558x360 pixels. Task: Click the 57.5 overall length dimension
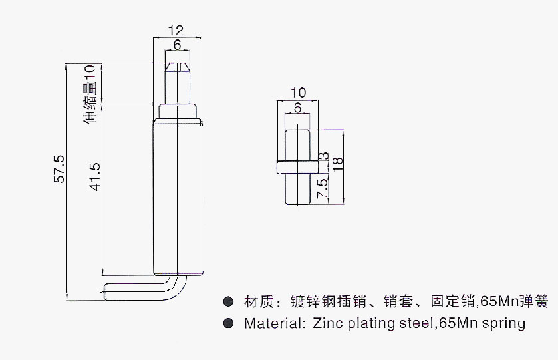(59, 169)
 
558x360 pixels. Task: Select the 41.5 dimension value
(95, 177)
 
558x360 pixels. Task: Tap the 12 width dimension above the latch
(176, 31)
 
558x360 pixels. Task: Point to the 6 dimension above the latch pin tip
(177, 45)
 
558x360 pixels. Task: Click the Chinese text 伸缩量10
(90, 94)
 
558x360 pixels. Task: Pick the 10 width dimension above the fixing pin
(298, 93)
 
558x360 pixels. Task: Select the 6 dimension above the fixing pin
(297, 108)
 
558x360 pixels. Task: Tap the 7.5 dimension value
(322, 188)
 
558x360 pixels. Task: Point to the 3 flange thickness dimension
(323, 156)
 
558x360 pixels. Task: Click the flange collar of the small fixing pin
(297, 167)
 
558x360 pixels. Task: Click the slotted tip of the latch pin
(177, 67)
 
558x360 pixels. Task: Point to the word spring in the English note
(503, 324)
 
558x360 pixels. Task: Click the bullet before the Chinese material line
(228, 302)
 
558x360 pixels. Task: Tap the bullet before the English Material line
(228, 323)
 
